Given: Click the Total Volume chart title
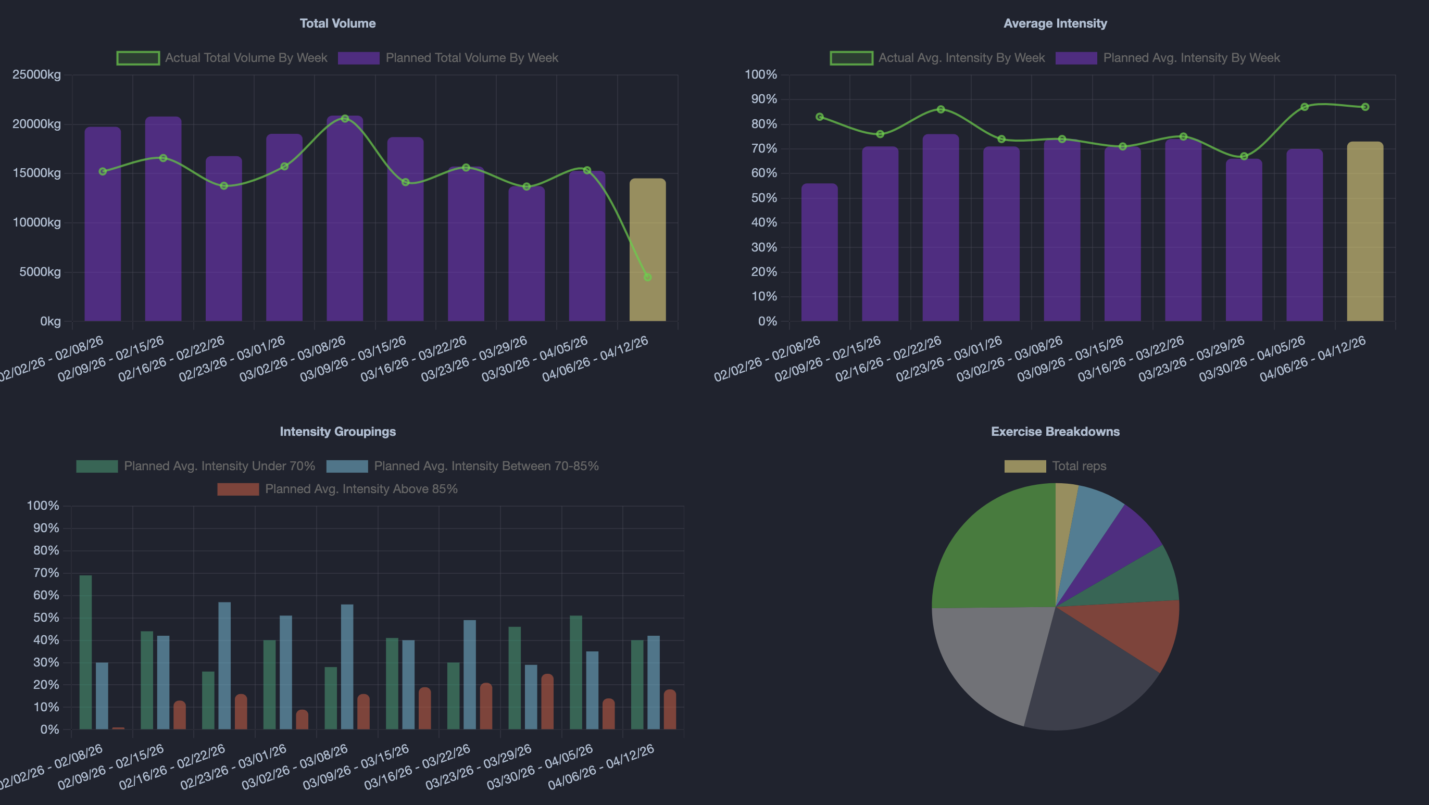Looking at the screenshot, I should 337,23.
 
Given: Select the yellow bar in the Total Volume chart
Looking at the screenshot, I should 647,249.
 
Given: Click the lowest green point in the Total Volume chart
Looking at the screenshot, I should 647,277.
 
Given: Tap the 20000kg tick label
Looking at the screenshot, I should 36,124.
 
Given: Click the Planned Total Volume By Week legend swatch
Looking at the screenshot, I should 358,58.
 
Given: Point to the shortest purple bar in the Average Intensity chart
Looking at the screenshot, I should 819,253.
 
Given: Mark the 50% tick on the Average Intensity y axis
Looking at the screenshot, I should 764,198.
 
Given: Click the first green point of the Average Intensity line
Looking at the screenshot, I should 819,117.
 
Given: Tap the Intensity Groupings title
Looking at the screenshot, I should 337,432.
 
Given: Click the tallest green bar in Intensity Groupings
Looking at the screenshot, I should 85,652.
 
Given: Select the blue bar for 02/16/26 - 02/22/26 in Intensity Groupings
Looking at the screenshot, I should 224,666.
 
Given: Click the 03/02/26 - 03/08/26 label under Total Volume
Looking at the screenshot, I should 292,359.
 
